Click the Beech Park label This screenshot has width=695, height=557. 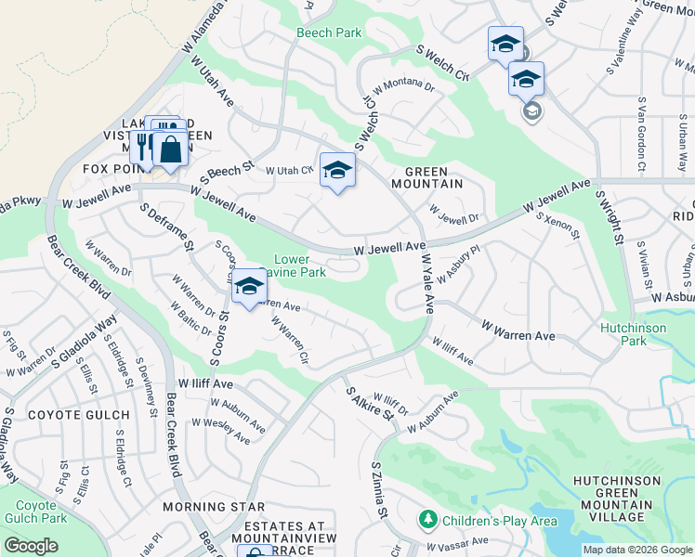tap(329, 32)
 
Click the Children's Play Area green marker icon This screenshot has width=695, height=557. tap(428, 520)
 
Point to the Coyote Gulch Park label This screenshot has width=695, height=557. tap(34, 512)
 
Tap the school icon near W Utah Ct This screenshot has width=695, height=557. tap(338, 171)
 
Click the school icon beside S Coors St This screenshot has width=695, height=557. tap(249, 287)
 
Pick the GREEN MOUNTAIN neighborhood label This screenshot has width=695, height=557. tap(433, 177)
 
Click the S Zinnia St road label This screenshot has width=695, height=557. tap(378, 491)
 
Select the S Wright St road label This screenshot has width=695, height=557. tap(610, 214)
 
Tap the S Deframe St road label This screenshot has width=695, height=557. tap(167, 227)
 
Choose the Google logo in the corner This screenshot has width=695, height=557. tap(31, 546)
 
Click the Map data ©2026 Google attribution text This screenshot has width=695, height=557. tap(636, 550)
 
